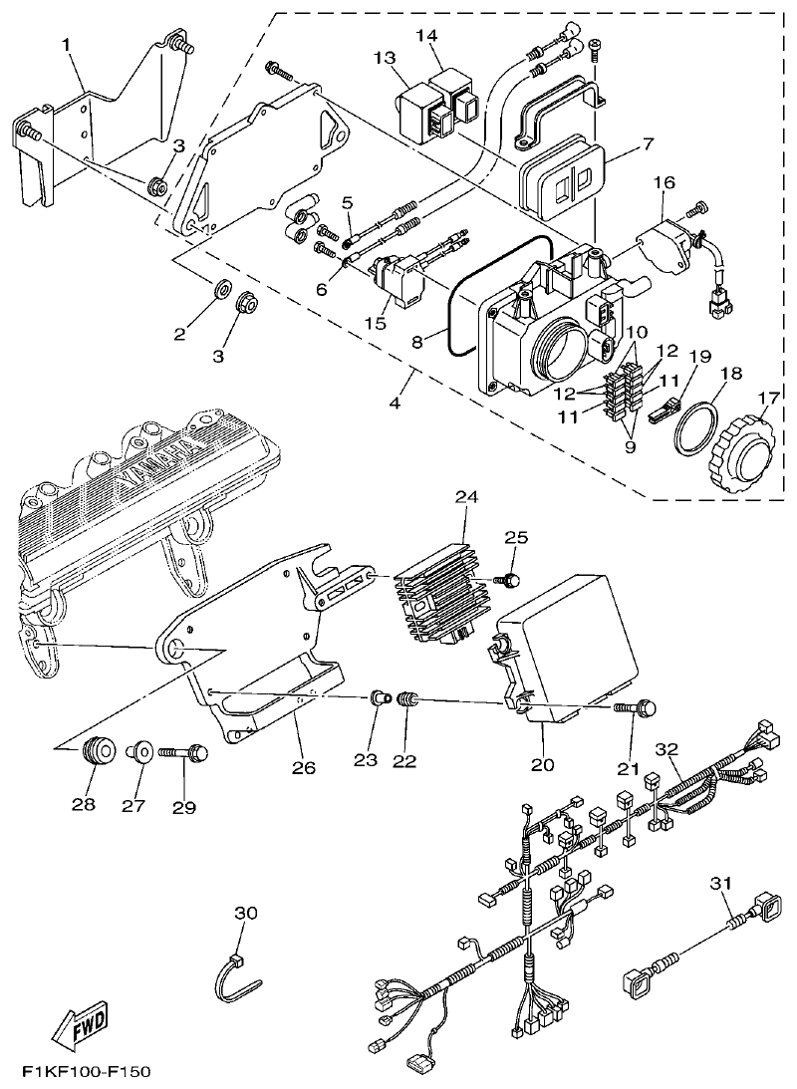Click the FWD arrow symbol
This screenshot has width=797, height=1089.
click(79, 1025)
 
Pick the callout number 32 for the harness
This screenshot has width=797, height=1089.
click(666, 748)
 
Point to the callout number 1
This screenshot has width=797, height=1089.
click(66, 45)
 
